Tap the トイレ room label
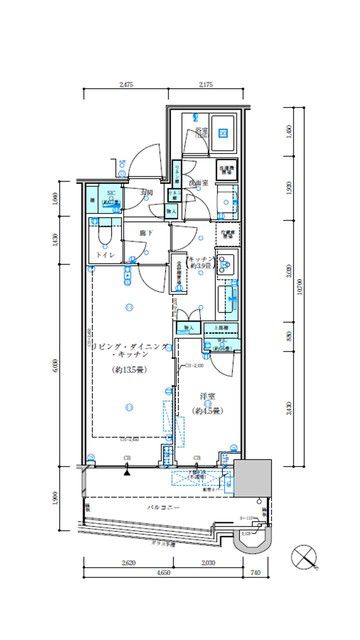(105, 256)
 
